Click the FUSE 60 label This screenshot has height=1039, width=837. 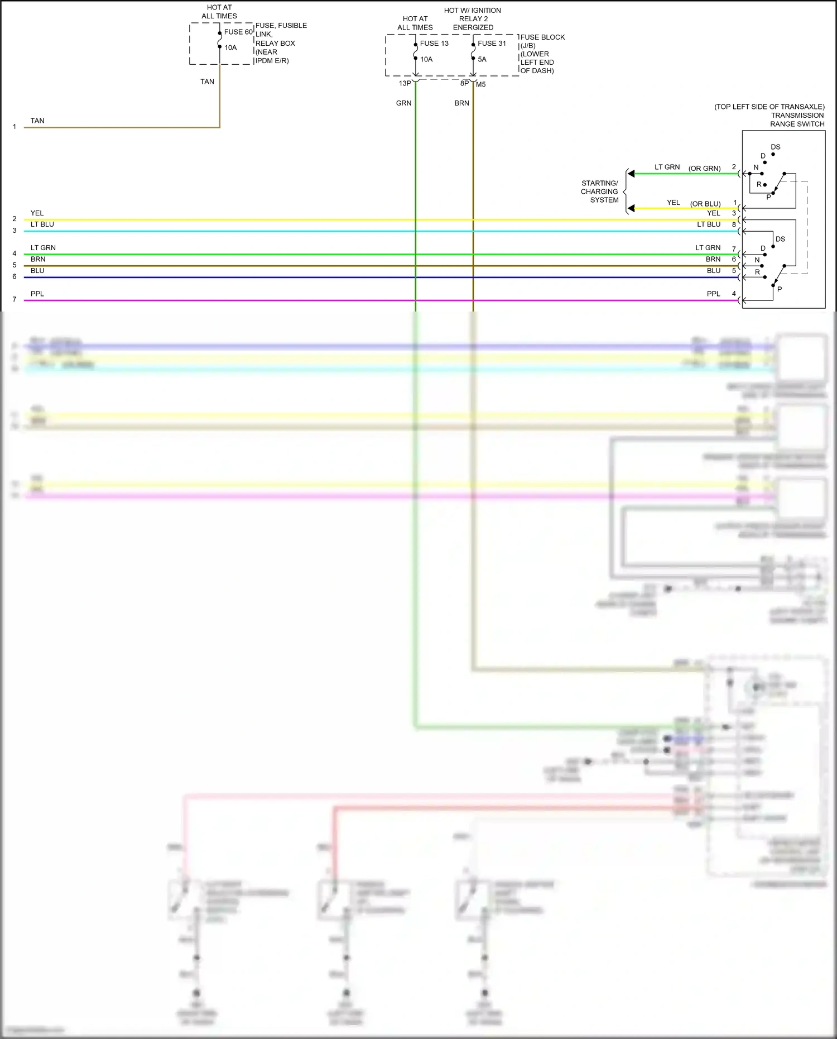(x=238, y=32)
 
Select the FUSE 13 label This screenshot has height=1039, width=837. (x=434, y=44)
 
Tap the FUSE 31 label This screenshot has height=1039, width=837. (x=492, y=44)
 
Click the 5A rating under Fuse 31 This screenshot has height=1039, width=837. (x=482, y=59)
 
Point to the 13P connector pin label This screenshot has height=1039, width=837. (x=405, y=84)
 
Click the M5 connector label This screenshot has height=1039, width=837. (x=480, y=84)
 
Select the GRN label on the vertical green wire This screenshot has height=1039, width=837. (x=403, y=103)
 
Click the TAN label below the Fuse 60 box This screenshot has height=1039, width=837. (x=207, y=82)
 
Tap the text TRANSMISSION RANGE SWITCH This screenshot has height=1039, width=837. (x=797, y=119)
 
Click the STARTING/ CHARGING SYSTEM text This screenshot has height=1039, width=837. (x=600, y=191)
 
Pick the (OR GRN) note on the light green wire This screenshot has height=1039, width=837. (x=704, y=168)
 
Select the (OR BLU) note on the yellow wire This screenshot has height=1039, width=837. (x=705, y=204)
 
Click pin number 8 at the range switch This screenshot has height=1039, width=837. (x=734, y=224)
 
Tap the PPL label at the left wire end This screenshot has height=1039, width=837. (x=37, y=294)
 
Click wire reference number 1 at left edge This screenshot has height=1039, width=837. (x=15, y=127)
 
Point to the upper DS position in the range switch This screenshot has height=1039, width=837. (x=776, y=147)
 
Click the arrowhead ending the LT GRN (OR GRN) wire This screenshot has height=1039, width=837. (x=631, y=174)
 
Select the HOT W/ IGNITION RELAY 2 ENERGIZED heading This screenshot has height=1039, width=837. (x=473, y=18)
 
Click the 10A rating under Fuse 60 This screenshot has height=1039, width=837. (x=230, y=47)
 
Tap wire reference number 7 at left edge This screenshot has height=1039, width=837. (x=15, y=300)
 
